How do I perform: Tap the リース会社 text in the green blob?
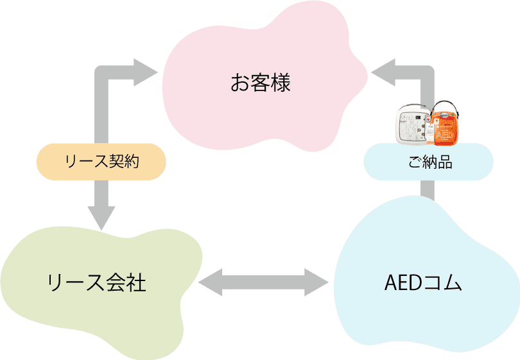[97, 282]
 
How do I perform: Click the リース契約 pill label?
[102, 162]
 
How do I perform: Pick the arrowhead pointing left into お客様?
[384, 72]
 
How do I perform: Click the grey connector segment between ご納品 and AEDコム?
[428, 191]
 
